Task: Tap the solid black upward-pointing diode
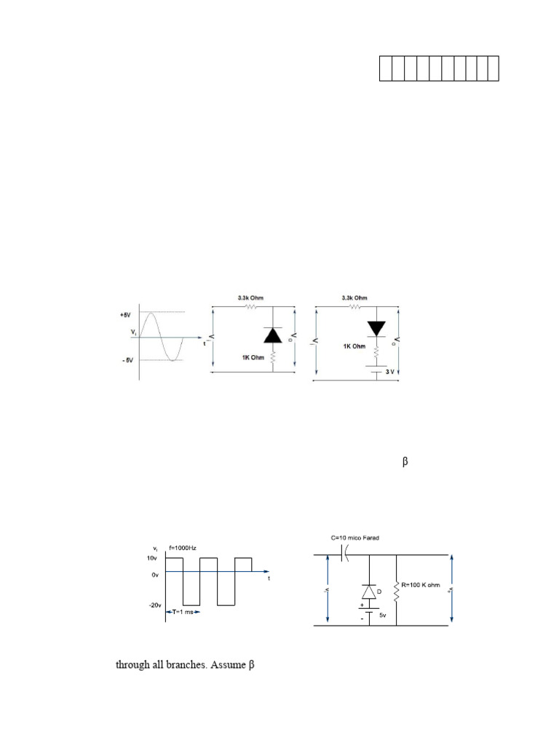pos(273,335)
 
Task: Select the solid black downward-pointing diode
pos(376,328)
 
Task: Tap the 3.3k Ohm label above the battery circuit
pos(354,297)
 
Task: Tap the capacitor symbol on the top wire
pos(344,555)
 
